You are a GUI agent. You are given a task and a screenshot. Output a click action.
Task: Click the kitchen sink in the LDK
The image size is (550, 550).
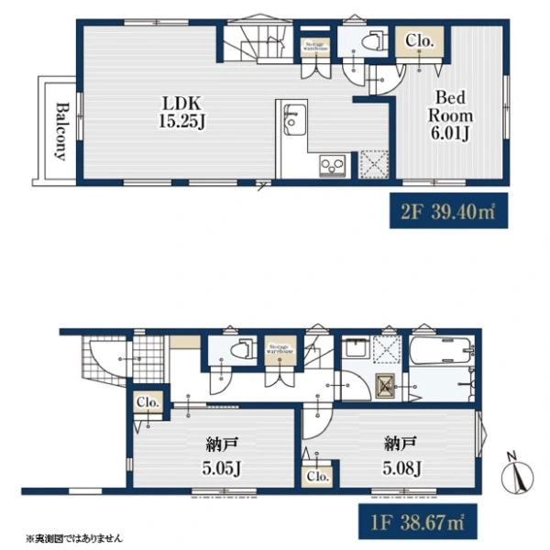293,119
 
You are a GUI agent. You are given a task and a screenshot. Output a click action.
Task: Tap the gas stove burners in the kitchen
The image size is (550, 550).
331,165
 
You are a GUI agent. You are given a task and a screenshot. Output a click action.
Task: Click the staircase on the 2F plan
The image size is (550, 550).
257,41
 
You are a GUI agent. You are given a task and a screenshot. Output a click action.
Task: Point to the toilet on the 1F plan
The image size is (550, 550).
240,348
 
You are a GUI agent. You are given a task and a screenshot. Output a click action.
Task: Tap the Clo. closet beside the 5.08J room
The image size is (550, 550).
318,476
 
